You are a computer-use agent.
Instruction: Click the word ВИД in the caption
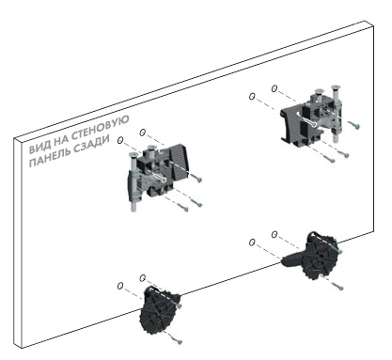(x=38, y=148)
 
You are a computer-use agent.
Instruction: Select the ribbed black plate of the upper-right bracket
(x=290, y=123)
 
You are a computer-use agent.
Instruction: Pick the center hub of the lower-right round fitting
(x=320, y=257)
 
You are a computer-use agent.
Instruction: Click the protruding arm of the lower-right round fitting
(x=292, y=258)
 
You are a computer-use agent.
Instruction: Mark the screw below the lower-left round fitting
(x=175, y=339)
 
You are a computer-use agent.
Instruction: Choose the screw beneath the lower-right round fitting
(x=337, y=286)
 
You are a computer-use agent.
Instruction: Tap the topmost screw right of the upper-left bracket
(x=196, y=178)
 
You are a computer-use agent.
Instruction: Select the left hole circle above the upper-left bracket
(x=120, y=140)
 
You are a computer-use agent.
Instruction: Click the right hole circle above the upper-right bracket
(x=274, y=89)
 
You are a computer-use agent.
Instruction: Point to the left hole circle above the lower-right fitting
(x=252, y=243)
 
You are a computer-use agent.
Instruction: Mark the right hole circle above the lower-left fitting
(x=143, y=277)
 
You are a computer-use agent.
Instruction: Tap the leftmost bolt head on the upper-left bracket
(x=133, y=153)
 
